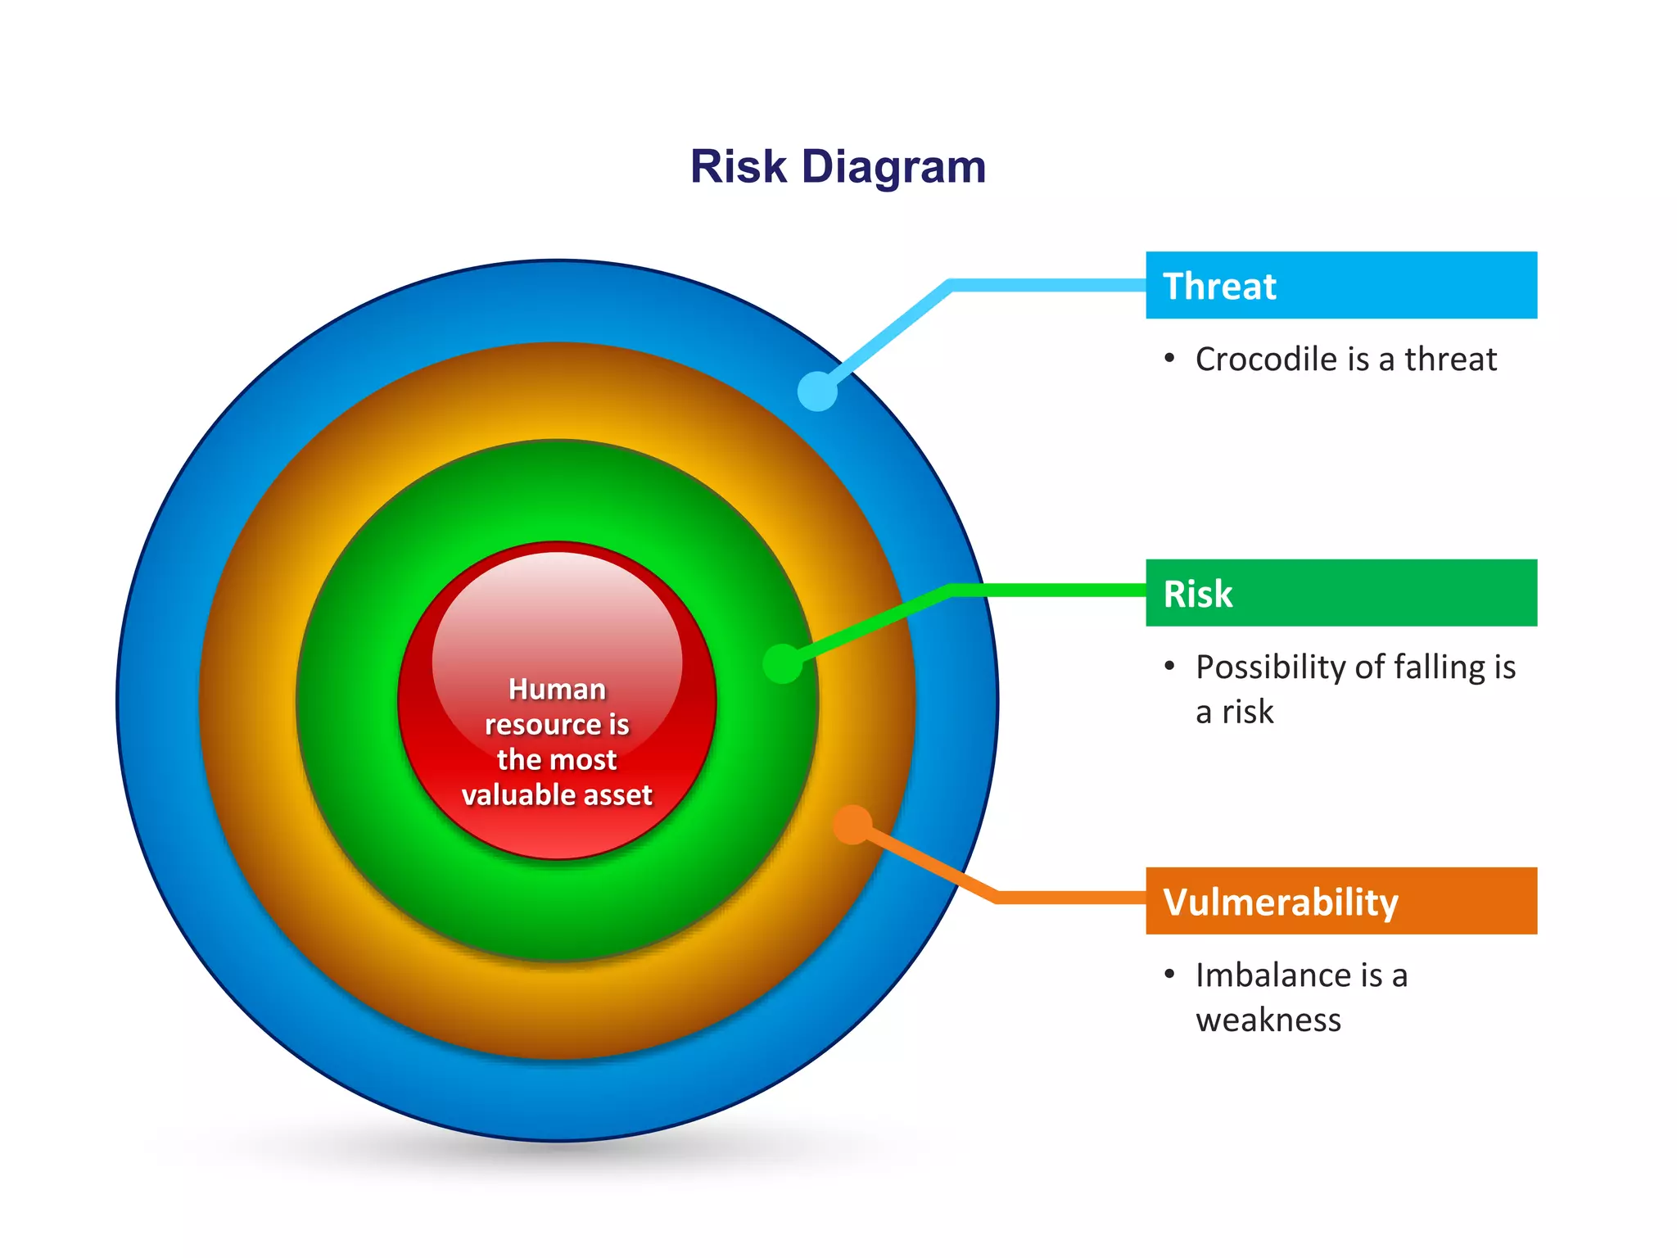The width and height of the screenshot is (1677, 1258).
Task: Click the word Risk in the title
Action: pos(739,167)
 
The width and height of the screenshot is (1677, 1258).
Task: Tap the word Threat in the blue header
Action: pos(1219,287)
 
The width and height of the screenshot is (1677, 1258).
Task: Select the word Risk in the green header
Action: pos(1198,594)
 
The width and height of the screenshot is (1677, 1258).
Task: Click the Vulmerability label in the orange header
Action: pos(1281,902)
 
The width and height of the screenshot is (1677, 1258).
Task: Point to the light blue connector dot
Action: pos(817,391)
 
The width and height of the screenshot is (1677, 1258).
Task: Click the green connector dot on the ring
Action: pos(783,663)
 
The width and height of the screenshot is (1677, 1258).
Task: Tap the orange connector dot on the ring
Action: pos(852,824)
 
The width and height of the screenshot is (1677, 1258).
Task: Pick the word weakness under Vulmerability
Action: pos(1268,1020)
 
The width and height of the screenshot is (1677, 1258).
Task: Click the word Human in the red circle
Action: pos(557,690)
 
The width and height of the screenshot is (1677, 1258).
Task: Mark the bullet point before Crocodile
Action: pos(1169,358)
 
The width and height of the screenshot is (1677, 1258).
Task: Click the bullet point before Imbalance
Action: pos(1169,974)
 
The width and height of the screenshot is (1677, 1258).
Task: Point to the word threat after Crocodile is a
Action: pos(1451,360)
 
